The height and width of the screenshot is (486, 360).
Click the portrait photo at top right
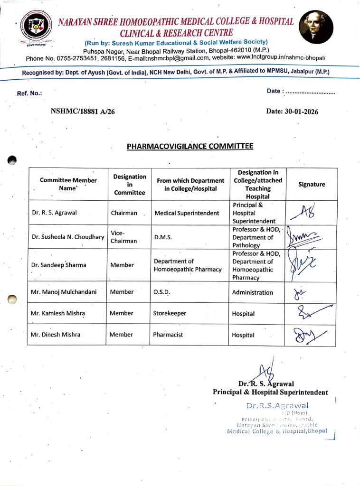(x=316, y=27)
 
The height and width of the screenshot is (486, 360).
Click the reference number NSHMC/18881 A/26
(x=83, y=112)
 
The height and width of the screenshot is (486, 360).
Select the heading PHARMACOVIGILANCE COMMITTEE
(x=190, y=146)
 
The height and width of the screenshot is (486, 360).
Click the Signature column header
(x=312, y=184)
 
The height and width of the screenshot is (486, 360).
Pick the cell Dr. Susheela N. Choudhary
(x=68, y=237)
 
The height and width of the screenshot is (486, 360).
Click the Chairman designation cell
(x=124, y=213)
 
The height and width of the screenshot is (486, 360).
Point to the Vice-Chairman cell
(x=124, y=237)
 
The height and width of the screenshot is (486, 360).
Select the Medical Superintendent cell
(x=187, y=213)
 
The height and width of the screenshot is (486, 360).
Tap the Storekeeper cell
(x=170, y=313)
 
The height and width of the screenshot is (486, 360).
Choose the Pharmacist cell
(x=168, y=335)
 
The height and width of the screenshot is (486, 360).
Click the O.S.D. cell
(x=161, y=292)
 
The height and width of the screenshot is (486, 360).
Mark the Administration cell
(x=252, y=292)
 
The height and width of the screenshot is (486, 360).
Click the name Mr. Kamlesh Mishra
(x=58, y=313)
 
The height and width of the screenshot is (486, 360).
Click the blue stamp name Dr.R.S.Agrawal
(x=277, y=406)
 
